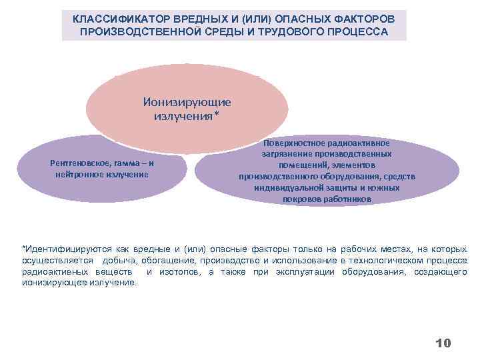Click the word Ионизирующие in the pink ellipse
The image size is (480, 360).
point(187,102)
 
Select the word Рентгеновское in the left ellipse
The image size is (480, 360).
point(77,163)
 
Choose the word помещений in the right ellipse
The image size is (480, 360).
point(306,165)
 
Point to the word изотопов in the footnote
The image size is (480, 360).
point(179,271)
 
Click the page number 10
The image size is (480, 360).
point(443,343)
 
